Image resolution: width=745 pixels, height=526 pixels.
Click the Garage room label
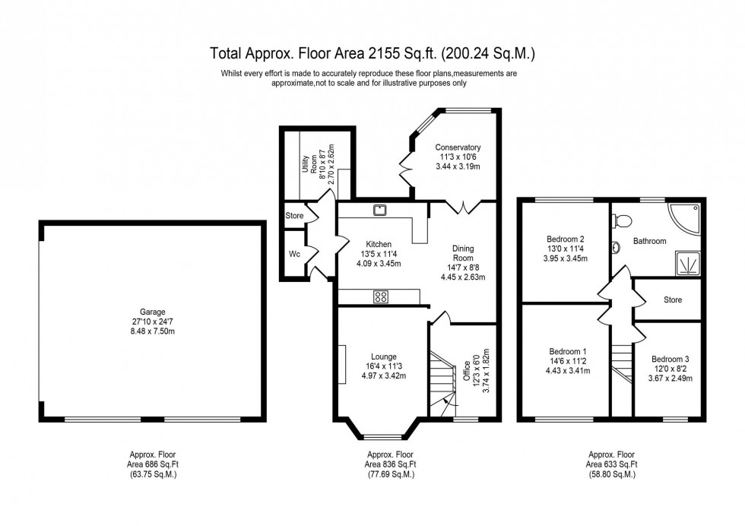click(152, 312)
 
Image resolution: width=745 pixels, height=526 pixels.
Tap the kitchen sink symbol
click(378, 209)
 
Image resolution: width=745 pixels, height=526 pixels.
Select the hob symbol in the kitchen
click(381, 297)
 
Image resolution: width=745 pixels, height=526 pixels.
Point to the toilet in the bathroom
click(623, 220)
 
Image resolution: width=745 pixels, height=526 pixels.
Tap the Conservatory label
click(458, 147)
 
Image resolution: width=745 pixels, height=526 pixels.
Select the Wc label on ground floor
click(295, 253)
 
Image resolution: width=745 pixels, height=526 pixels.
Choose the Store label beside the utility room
click(294, 216)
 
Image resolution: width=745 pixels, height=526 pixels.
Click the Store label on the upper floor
click(672, 300)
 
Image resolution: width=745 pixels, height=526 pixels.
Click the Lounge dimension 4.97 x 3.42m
click(379, 376)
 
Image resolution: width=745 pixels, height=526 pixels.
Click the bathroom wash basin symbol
click(614, 248)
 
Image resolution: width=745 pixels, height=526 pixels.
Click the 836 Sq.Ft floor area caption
click(390, 464)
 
